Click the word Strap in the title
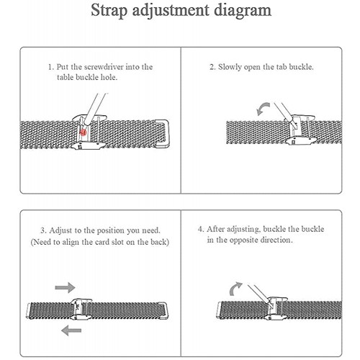(x=109, y=11)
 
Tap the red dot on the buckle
(x=83, y=132)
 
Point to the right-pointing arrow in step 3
(x=65, y=287)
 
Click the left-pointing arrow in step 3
(x=71, y=330)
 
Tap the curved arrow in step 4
(x=235, y=289)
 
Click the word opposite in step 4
(x=244, y=240)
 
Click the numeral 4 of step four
(x=201, y=229)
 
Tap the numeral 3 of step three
(x=43, y=230)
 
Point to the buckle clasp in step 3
(x=81, y=309)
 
